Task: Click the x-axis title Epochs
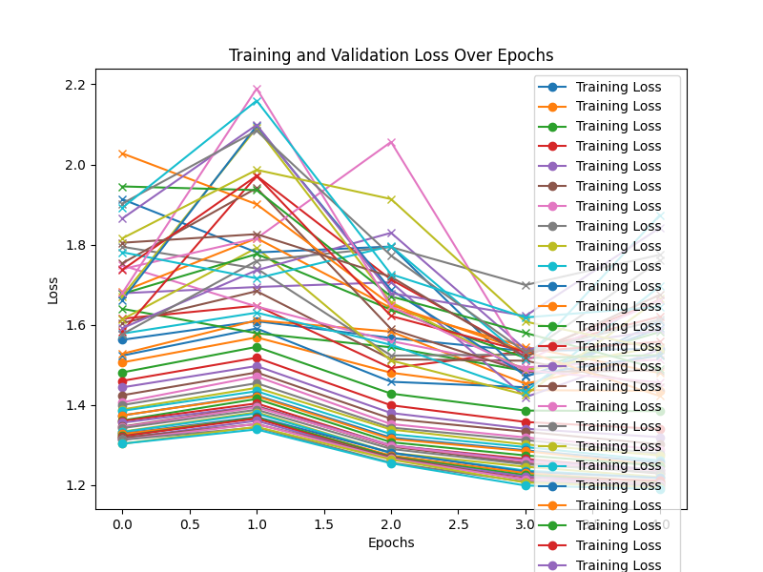click(391, 542)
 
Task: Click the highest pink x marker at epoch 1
click(257, 90)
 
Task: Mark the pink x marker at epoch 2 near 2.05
click(391, 143)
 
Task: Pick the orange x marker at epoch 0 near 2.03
click(122, 153)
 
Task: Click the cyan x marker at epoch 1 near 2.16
click(257, 101)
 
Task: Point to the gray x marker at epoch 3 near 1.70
click(526, 285)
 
